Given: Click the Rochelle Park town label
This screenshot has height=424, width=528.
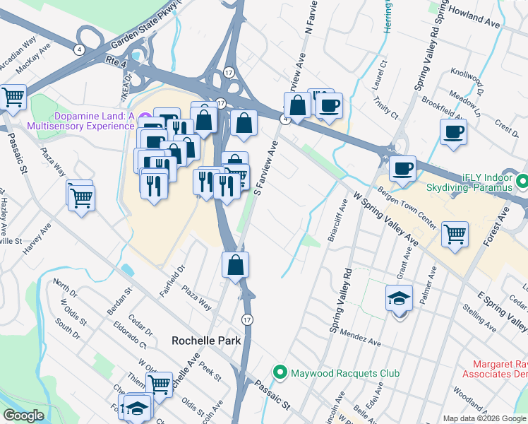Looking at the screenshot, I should tap(207, 340).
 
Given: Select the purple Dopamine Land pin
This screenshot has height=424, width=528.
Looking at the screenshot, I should tap(145, 117).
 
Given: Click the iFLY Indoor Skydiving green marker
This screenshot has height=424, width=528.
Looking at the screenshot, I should tap(522, 182).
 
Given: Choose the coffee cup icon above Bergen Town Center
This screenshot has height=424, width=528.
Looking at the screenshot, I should tap(402, 169).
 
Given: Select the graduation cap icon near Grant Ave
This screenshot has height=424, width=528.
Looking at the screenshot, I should tap(399, 298).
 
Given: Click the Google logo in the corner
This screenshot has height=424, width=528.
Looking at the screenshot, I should tap(24, 416).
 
